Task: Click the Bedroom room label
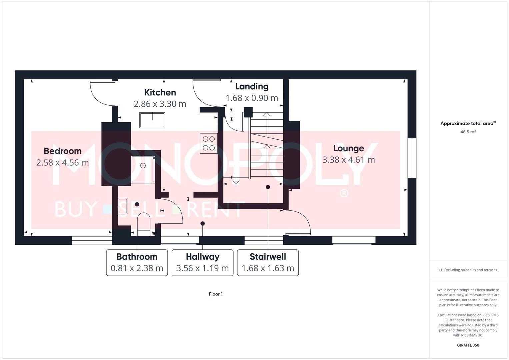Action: (63, 151)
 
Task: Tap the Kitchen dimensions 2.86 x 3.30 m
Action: (160, 104)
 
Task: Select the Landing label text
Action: (252, 86)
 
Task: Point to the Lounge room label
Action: (348, 148)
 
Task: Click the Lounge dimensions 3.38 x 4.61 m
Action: (348, 160)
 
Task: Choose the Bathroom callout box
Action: (137, 263)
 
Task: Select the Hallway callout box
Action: (202, 263)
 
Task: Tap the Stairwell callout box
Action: (268, 263)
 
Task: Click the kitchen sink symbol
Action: (152, 120)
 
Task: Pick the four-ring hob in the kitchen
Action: (209, 143)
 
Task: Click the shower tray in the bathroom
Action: (143, 169)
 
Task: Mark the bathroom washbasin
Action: (123, 206)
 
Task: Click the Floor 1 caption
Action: (216, 294)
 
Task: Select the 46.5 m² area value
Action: (468, 132)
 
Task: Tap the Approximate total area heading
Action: (468, 123)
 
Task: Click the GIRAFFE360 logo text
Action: (468, 345)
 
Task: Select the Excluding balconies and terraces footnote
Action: (468, 270)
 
